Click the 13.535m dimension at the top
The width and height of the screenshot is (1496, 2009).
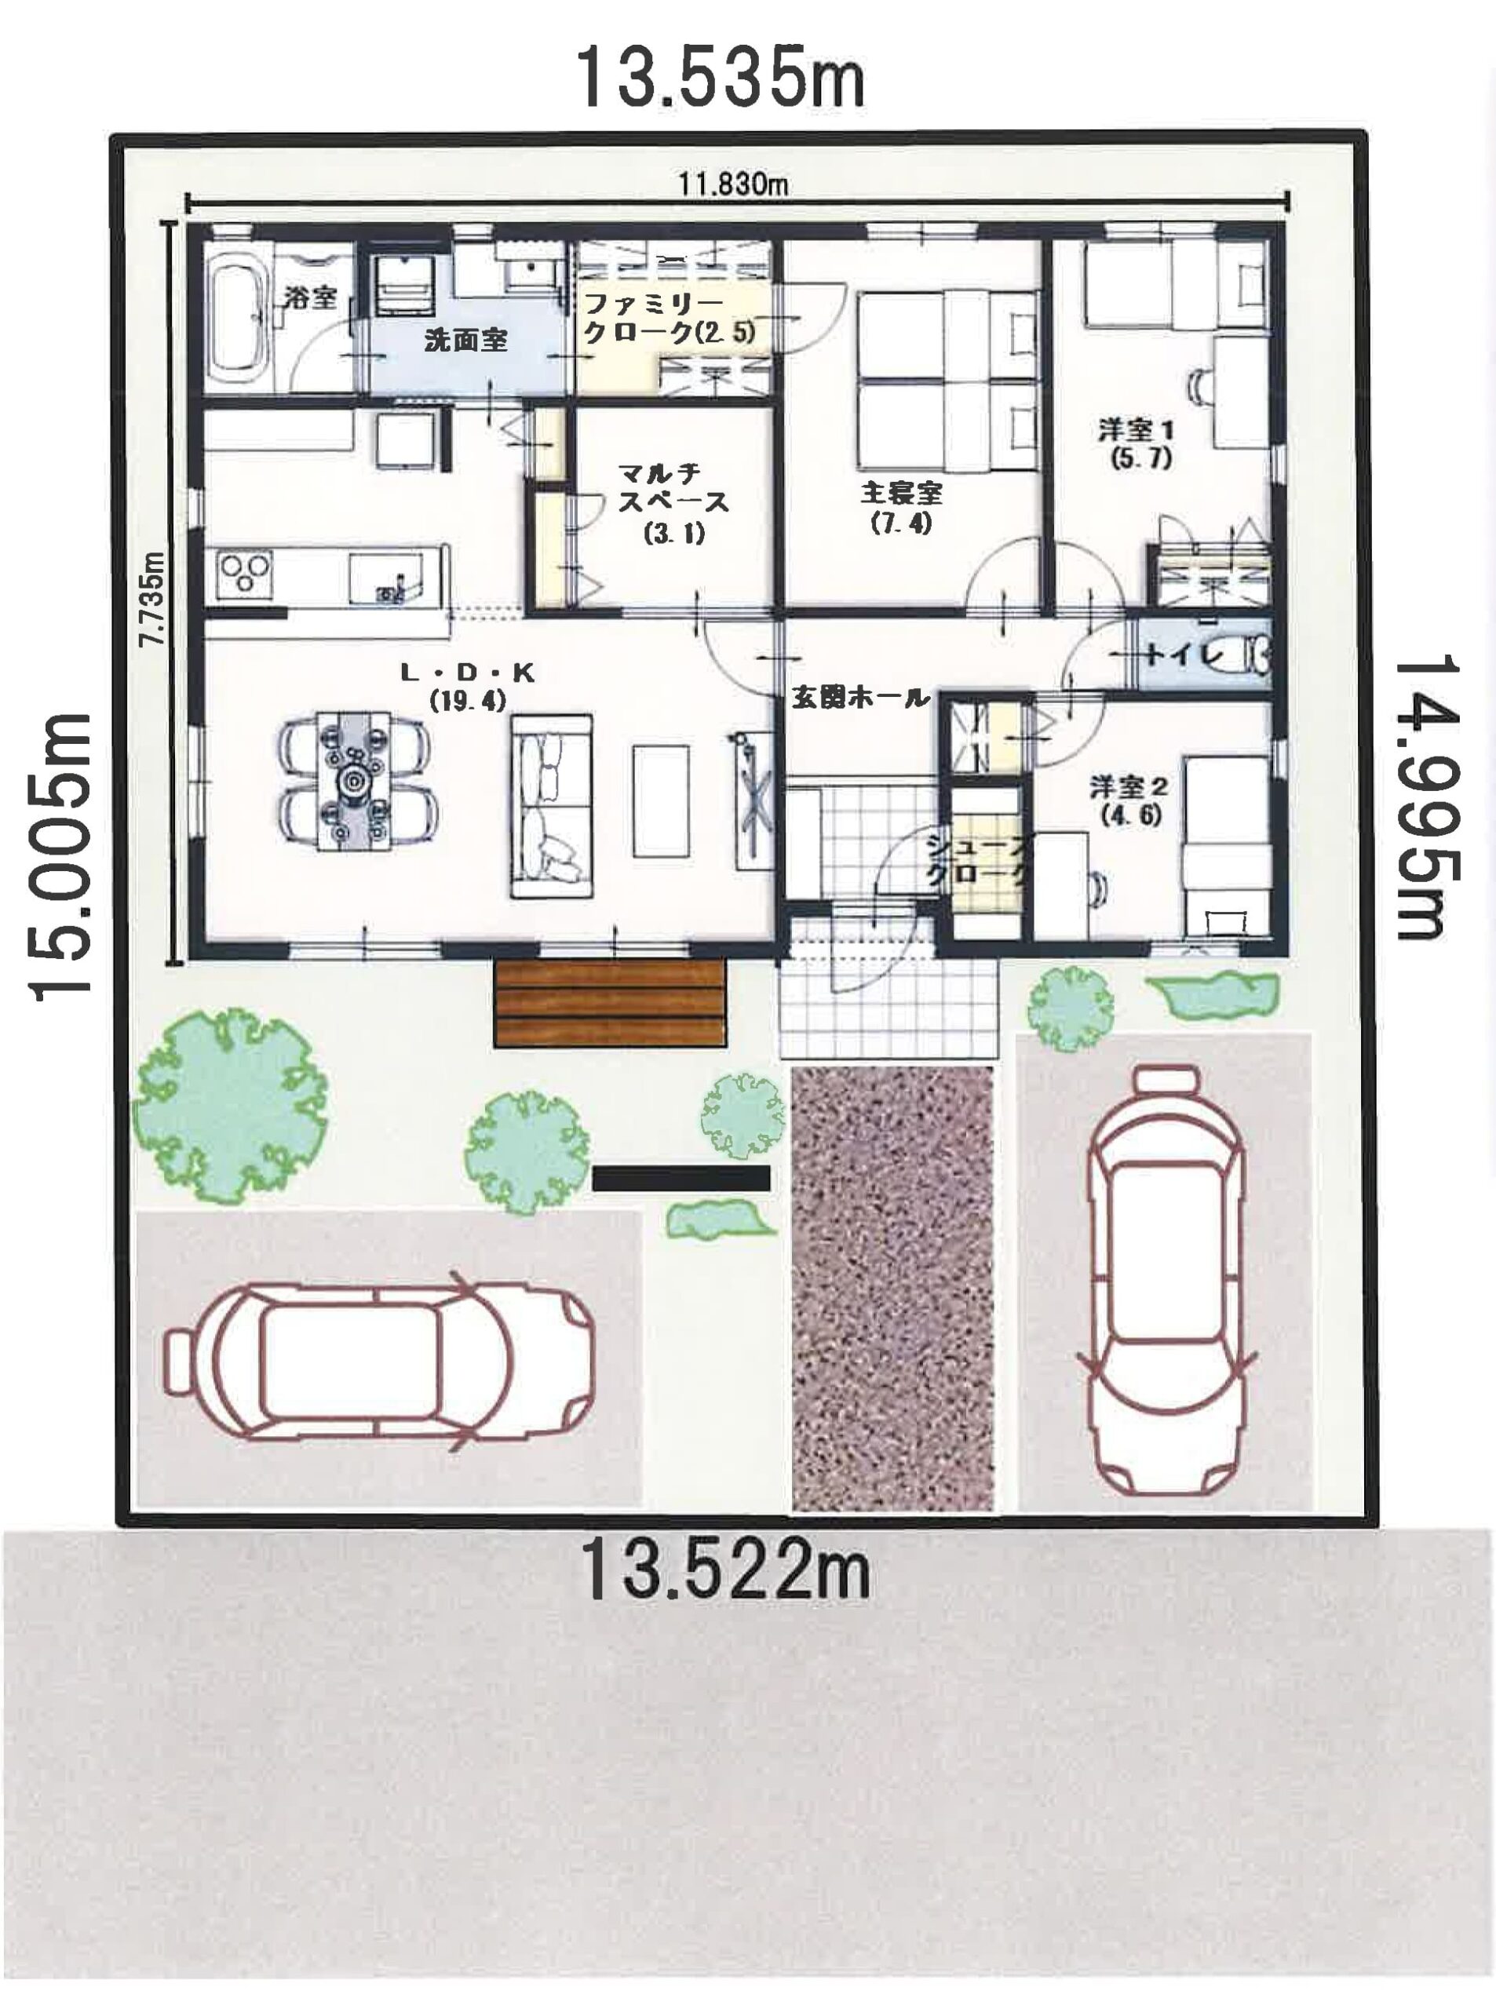click(x=720, y=77)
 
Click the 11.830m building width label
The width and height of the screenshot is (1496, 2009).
click(x=735, y=184)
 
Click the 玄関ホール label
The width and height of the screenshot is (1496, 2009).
click(x=860, y=697)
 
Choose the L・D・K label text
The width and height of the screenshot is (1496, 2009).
click(x=468, y=672)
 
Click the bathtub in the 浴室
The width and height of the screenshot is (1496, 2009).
click(x=237, y=317)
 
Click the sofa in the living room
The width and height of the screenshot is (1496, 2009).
click(x=552, y=806)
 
